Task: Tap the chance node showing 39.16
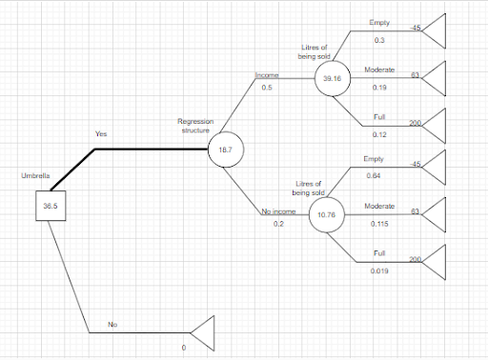(x=333, y=79)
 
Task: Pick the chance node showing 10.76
(x=326, y=215)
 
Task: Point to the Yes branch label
(x=101, y=134)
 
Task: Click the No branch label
(x=112, y=325)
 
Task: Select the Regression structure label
(x=194, y=127)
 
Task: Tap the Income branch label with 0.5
(x=267, y=74)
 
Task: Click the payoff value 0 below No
(x=183, y=348)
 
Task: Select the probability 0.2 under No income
(x=278, y=225)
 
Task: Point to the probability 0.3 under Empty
(x=379, y=40)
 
